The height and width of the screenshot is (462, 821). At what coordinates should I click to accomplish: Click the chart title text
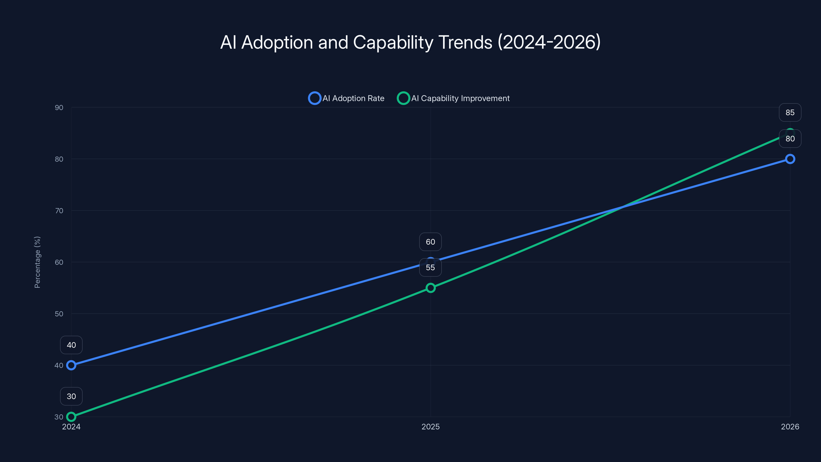click(410, 42)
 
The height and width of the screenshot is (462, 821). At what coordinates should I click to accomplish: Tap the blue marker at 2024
click(71, 365)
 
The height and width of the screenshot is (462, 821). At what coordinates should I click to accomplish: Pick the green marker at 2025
click(430, 288)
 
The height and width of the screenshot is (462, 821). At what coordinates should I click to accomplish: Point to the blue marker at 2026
click(790, 159)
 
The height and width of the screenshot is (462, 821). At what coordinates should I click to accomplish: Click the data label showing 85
click(790, 113)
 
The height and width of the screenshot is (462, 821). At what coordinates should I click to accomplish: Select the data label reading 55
click(430, 267)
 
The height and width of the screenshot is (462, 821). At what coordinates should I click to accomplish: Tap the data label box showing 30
click(71, 396)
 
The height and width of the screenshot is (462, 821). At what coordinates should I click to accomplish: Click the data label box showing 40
click(71, 345)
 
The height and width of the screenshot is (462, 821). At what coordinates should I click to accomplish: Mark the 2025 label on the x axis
click(430, 427)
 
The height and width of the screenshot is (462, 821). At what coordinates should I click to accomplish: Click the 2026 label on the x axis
click(790, 427)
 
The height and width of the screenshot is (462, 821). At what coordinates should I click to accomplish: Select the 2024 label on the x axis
click(71, 427)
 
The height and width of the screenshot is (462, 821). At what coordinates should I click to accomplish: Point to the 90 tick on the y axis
click(59, 108)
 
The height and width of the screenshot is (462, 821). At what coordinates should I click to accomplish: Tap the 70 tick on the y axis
click(59, 211)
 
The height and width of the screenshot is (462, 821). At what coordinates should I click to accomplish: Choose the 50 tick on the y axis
click(59, 314)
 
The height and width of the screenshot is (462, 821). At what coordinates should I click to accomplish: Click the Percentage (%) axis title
click(37, 262)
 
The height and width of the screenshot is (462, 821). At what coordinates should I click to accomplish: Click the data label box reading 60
click(430, 242)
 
